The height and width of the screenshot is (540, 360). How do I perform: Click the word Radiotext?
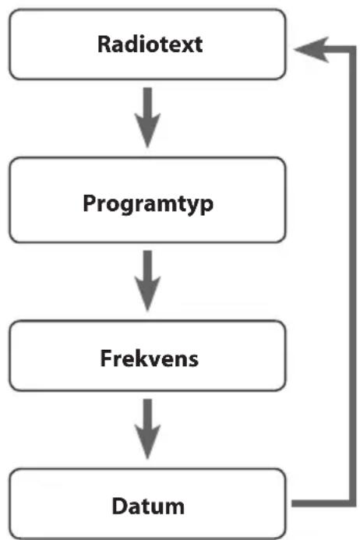(150, 44)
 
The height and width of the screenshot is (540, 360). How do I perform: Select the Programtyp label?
(148, 204)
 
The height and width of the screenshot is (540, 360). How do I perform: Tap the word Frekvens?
(149, 358)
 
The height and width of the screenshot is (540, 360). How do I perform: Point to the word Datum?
(148, 506)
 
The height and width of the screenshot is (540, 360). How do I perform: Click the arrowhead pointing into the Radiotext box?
(312, 50)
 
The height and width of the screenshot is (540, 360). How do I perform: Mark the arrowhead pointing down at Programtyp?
(147, 131)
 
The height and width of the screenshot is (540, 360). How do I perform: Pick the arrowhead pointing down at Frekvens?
(147, 294)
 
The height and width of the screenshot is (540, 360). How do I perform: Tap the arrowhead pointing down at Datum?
(147, 442)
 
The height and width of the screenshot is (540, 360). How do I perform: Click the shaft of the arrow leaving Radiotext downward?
(147, 101)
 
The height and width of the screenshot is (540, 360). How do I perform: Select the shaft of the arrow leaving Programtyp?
(147, 264)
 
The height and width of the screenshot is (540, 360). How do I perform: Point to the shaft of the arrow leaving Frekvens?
(147, 412)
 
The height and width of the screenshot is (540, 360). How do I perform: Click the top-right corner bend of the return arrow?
(352, 50)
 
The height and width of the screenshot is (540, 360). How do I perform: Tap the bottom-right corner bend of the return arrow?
(352, 503)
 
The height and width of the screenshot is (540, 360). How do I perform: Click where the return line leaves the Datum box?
(293, 503)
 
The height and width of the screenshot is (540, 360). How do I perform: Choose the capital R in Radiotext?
(104, 44)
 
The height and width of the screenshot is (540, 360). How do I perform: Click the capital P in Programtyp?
(89, 203)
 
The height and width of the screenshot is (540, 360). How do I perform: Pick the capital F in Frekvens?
(105, 358)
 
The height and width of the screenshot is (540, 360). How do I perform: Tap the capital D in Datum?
(119, 506)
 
